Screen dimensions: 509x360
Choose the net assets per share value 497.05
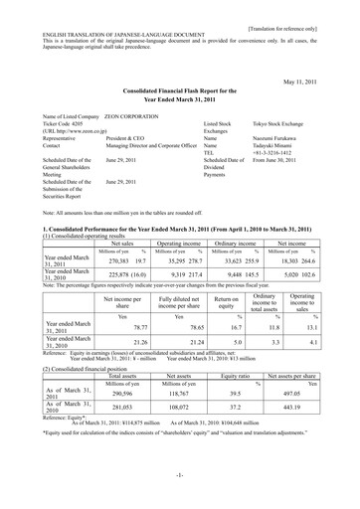tap(312, 421)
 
